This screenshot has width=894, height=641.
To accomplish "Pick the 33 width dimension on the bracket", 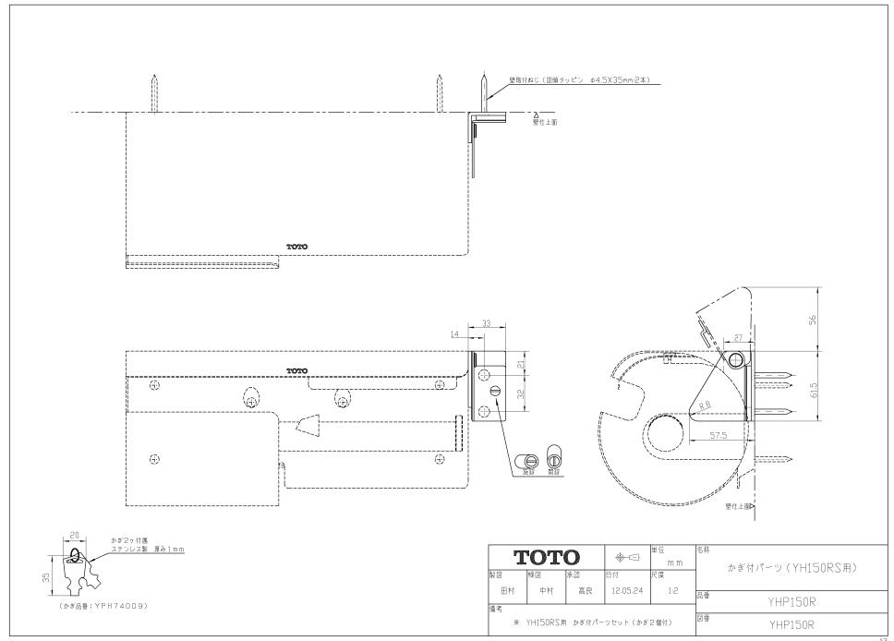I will [x=486, y=324].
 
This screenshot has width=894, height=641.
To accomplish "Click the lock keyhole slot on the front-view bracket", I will [x=497, y=392].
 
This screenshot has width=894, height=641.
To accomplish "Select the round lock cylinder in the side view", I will [x=735, y=357].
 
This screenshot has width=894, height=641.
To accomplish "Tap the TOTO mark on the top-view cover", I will [x=296, y=248].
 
